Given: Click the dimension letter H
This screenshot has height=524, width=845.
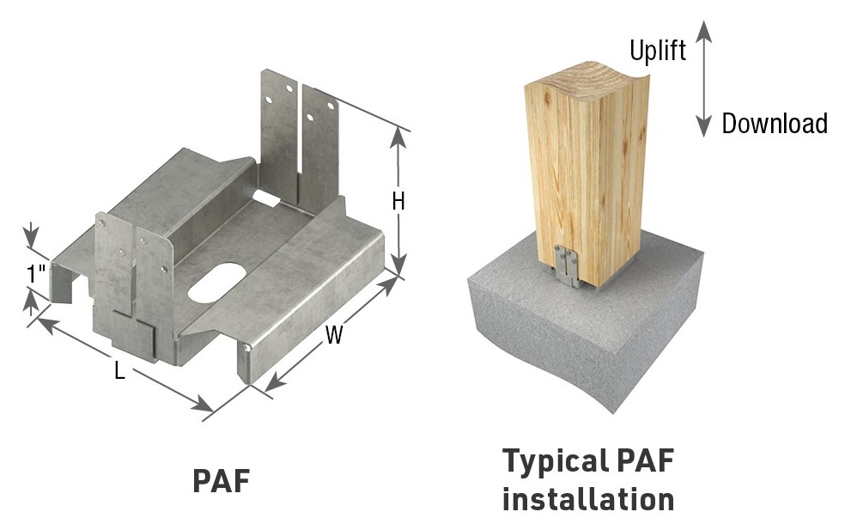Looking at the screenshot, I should coord(398,201).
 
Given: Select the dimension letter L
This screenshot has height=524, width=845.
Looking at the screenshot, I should coord(119,372).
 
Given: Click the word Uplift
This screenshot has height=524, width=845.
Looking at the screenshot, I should coord(658,51).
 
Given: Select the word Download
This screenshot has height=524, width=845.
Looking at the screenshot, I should coord(774,124).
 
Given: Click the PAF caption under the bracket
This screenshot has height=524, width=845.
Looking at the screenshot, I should coord(221,480).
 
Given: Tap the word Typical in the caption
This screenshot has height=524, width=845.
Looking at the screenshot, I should coord(559,461).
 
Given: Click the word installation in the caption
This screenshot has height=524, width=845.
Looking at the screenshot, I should coord(588,499).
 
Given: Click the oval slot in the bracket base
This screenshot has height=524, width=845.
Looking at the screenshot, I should coord(217,287).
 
